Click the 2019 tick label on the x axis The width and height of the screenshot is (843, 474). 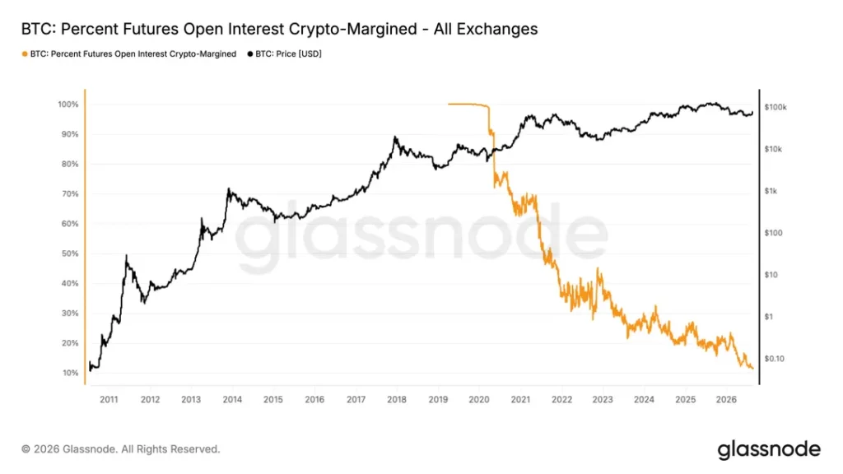pos(438,399)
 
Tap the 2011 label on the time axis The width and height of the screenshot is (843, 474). pos(109,399)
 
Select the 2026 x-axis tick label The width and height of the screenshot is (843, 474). pos(726,399)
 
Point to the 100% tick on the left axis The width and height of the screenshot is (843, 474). pos(68,105)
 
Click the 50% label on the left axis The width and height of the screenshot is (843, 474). pos(70,253)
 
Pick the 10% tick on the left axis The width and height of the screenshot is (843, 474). pos(71,373)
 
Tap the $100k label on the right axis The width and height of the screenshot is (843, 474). pos(775,108)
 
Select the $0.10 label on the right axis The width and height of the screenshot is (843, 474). pos(774,359)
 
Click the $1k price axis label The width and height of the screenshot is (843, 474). pos(771,191)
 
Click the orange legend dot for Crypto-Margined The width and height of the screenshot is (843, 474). pos(25,53)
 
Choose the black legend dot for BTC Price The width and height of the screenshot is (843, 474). pos(250,53)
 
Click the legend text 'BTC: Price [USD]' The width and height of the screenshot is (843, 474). pos(288,53)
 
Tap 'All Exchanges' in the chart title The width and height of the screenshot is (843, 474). pos(486,29)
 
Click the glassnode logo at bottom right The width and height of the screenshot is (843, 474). pos(770,449)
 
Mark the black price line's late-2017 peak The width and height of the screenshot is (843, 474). pos(395,137)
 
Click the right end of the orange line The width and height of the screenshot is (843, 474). pos(752,368)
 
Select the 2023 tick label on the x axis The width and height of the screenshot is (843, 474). pos(603,399)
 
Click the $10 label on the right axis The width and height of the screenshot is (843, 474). pos(771,275)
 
